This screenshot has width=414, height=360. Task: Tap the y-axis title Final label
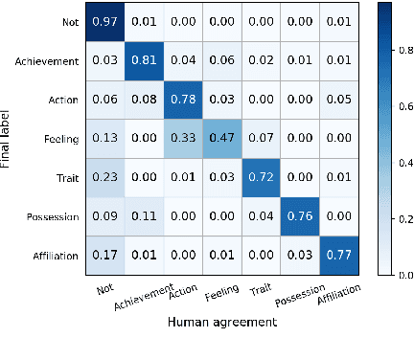tap(8, 139)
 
